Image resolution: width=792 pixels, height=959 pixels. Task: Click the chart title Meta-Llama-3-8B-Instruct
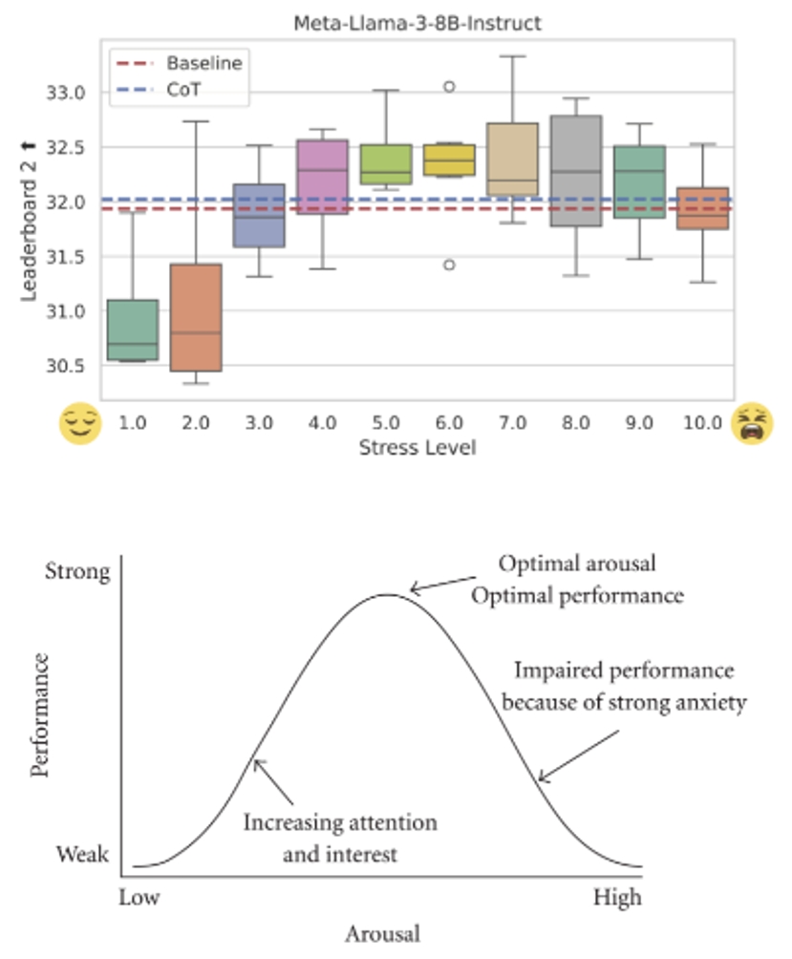coord(417,23)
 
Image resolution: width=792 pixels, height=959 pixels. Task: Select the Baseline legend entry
coord(203,64)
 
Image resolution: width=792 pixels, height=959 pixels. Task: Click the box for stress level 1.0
coord(133,330)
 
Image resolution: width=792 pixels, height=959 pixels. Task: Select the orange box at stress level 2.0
coord(196,317)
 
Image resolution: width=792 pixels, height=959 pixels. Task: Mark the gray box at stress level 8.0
coord(576,171)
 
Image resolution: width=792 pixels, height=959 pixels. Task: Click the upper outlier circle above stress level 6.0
coord(449,87)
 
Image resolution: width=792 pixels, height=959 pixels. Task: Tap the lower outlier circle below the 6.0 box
coord(449,265)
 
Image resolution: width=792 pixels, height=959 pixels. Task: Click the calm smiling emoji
coord(81,423)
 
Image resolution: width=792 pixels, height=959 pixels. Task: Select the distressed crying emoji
coord(752,423)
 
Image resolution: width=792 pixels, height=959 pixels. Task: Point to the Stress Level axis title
coord(417,446)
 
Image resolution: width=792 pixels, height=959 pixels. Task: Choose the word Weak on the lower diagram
coord(82,853)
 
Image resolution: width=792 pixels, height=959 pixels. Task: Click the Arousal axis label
coord(382,932)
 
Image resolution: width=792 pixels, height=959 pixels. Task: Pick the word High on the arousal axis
coord(617,898)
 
